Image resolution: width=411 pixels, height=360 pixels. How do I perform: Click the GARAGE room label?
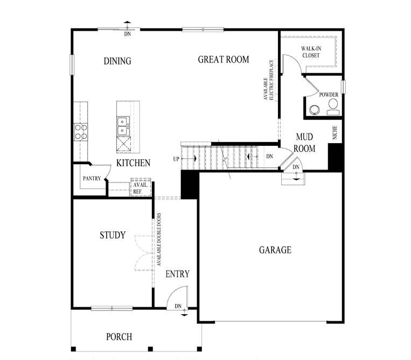click(x=275, y=250)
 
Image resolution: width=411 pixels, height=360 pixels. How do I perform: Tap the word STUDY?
click(x=113, y=235)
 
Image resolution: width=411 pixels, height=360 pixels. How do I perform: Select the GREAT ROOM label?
click(x=224, y=59)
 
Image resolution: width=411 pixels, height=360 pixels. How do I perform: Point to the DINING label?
click(x=117, y=61)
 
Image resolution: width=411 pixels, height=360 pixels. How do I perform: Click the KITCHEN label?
click(x=133, y=163)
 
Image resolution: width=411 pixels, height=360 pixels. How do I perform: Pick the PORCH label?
click(x=119, y=337)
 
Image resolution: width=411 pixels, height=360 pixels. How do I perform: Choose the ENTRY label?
click(x=177, y=274)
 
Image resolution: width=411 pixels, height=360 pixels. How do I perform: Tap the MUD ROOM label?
click(x=304, y=143)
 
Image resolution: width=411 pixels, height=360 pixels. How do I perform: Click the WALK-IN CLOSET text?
click(x=310, y=52)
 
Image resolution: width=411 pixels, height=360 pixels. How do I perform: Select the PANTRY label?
click(x=92, y=179)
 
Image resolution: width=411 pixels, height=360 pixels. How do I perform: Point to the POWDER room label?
click(x=329, y=95)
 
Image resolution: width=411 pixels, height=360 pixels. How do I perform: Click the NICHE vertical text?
click(x=335, y=133)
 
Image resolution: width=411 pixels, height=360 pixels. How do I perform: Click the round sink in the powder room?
click(x=314, y=110)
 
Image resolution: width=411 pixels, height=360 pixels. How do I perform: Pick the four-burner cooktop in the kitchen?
click(x=81, y=132)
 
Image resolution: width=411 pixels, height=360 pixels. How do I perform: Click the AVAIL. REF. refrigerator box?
click(x=141, y=187)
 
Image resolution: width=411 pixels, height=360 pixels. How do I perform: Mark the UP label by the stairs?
click(x=176, y=159)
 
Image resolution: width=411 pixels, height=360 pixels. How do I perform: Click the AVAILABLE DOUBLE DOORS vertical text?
click(x=159, y=240)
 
